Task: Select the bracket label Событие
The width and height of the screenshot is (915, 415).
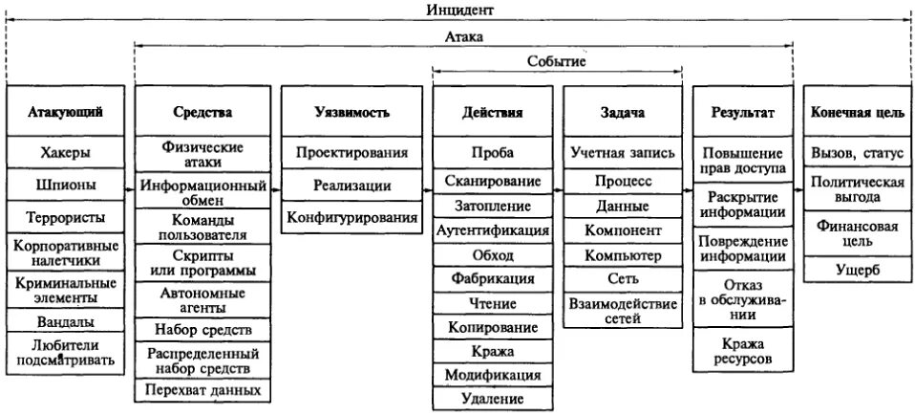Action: point(556,61)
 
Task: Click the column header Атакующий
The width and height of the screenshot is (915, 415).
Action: point(67,112)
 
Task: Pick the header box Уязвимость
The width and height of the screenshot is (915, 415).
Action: point(351,112)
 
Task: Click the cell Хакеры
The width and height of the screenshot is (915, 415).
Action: point(67,152)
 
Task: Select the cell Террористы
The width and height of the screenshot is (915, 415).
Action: point(67,217)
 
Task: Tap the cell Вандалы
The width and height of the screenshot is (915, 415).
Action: point(67,321)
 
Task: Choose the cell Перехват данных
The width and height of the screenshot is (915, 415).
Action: point(202,390)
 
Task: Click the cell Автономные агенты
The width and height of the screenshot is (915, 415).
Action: point(202,300)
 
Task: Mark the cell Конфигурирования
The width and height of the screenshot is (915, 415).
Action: point(351,218)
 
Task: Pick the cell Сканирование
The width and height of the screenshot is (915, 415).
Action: point(492,180)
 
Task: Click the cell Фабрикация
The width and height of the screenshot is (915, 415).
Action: point(492,279)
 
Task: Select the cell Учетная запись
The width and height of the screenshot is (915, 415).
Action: point(623,152)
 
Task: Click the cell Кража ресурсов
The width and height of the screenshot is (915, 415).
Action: point(742,350)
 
